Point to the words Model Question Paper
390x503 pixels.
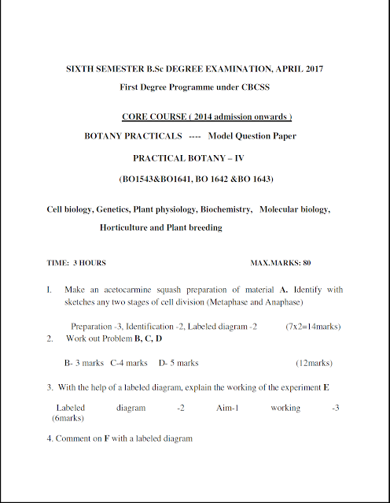[252, 135]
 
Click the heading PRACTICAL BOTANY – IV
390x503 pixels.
[195, 157]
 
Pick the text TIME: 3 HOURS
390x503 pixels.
[77, 262]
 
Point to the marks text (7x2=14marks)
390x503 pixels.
[313, 326]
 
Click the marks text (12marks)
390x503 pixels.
[314, 363]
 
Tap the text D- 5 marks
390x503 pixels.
[178, 363]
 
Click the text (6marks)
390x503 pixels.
[68, 419]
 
